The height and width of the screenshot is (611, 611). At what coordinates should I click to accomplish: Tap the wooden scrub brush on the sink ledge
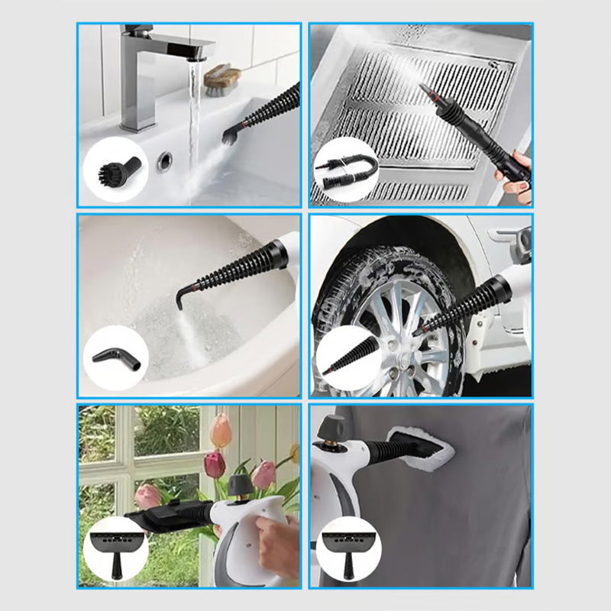pos(223,76)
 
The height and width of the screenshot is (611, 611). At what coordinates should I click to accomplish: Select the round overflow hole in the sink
pos(164,160)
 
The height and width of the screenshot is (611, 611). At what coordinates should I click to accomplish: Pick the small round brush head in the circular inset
pos(115,170)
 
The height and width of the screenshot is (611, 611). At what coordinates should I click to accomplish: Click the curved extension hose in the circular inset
pos(345,170)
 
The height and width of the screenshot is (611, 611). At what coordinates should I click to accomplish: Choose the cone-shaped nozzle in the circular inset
pos(348,357)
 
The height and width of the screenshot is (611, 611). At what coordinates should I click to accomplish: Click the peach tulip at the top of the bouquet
pos(221,431)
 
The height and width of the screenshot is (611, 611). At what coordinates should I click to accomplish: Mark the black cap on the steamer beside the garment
pos(331,428)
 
